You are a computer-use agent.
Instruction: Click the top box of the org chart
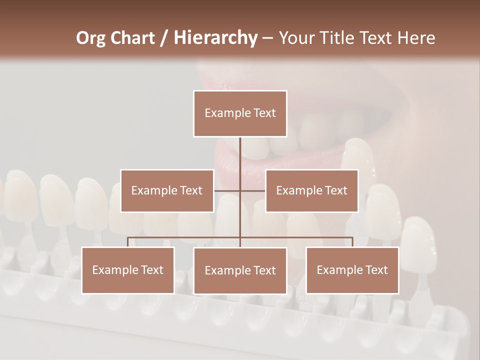(240, 113)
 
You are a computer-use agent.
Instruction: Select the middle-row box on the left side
(167, 191)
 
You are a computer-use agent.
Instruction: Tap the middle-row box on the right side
(311, 191)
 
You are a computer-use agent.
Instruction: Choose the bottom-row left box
(128, 270)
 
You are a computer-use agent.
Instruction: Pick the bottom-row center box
(240, 271)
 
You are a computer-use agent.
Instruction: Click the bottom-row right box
(352, 270)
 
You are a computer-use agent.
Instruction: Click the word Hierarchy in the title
(215, 38)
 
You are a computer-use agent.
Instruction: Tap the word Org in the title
(91, 38)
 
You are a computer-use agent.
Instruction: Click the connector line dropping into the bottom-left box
(128, 242)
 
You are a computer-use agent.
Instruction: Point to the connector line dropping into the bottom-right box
(352, 242)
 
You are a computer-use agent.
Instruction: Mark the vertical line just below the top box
(240, 150)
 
